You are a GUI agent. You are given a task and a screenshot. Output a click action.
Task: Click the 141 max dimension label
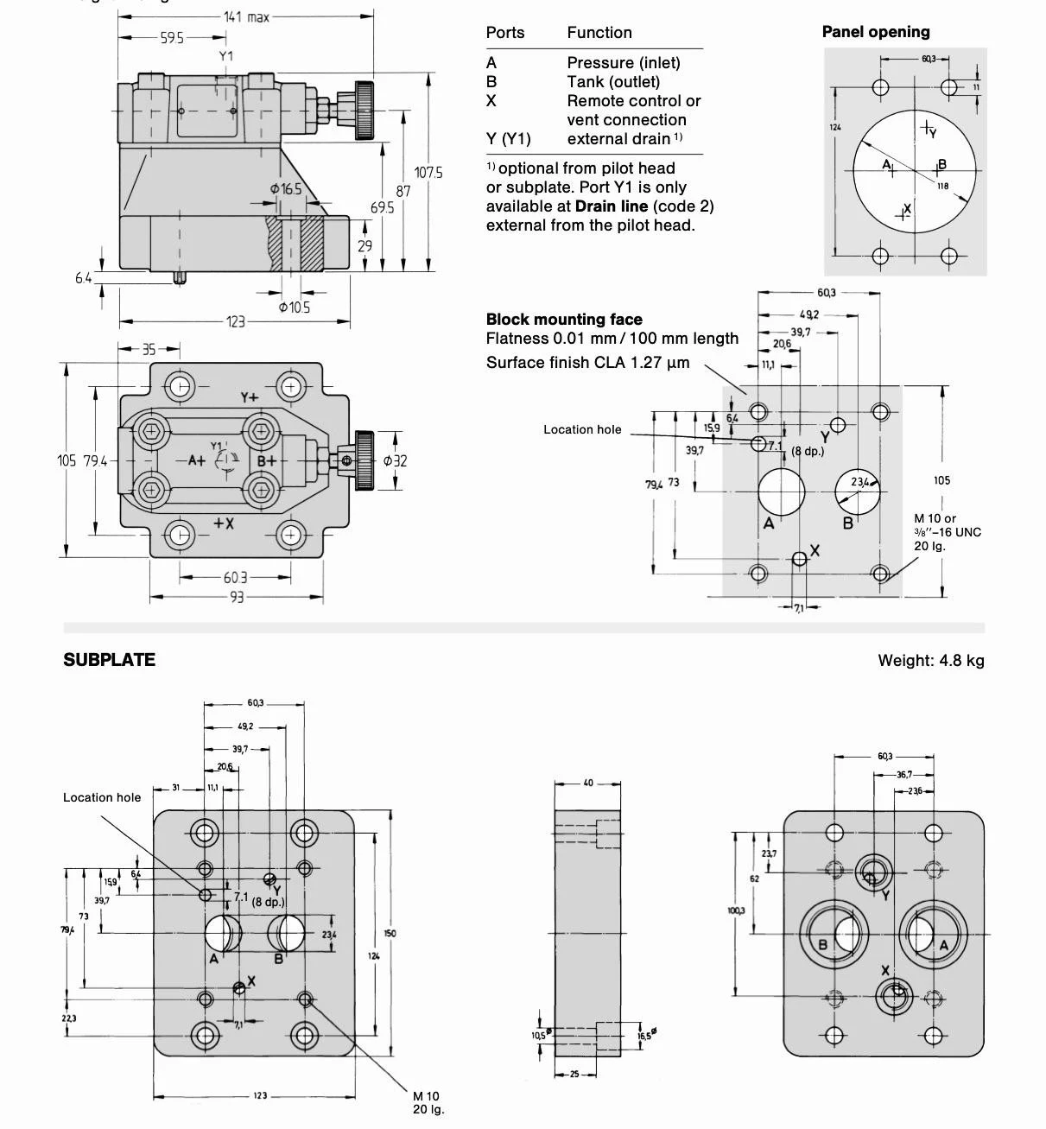246,16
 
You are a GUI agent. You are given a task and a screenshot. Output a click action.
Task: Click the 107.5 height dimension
428,172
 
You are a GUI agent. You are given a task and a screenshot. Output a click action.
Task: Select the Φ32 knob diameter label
394,460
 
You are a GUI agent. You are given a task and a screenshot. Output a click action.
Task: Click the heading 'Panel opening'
875,32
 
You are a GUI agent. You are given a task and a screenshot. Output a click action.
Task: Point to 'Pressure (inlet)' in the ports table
623,62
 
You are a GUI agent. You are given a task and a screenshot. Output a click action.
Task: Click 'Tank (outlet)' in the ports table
612,82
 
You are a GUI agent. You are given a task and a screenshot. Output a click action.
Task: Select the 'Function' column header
599,33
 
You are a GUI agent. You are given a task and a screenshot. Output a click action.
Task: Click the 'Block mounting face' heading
563,319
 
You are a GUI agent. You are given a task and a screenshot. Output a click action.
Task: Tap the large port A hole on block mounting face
781,491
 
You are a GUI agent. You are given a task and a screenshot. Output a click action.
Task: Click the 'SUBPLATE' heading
109,660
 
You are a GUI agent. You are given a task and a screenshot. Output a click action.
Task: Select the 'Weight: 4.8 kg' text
930,661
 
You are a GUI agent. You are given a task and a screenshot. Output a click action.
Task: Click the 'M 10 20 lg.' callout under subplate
428,1102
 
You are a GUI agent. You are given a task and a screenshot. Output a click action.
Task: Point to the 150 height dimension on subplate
390,933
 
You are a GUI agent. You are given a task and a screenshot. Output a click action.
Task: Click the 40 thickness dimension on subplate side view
587,783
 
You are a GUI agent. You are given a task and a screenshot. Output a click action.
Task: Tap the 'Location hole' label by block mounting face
581,429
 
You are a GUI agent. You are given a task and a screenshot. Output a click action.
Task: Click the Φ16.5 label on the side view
285,188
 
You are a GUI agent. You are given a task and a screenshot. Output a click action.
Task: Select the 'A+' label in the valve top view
197,460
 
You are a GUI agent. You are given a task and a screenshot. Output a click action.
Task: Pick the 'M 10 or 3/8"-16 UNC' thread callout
947,531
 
